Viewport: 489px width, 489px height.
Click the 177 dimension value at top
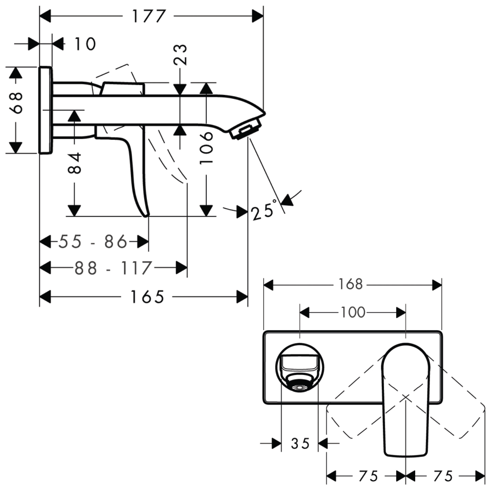tap(148, 16)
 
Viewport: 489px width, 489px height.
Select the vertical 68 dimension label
tap(16, 102)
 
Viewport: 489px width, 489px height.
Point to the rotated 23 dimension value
tap(180, 55)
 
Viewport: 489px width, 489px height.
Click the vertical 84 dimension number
tap(75, 163)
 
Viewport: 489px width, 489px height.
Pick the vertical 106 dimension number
tap(206, 148)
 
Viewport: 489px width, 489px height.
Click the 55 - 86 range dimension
tap(93, 242)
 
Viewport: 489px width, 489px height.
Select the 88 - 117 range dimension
tap(113, 268)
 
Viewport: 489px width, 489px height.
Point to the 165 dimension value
tap(147, 297)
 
